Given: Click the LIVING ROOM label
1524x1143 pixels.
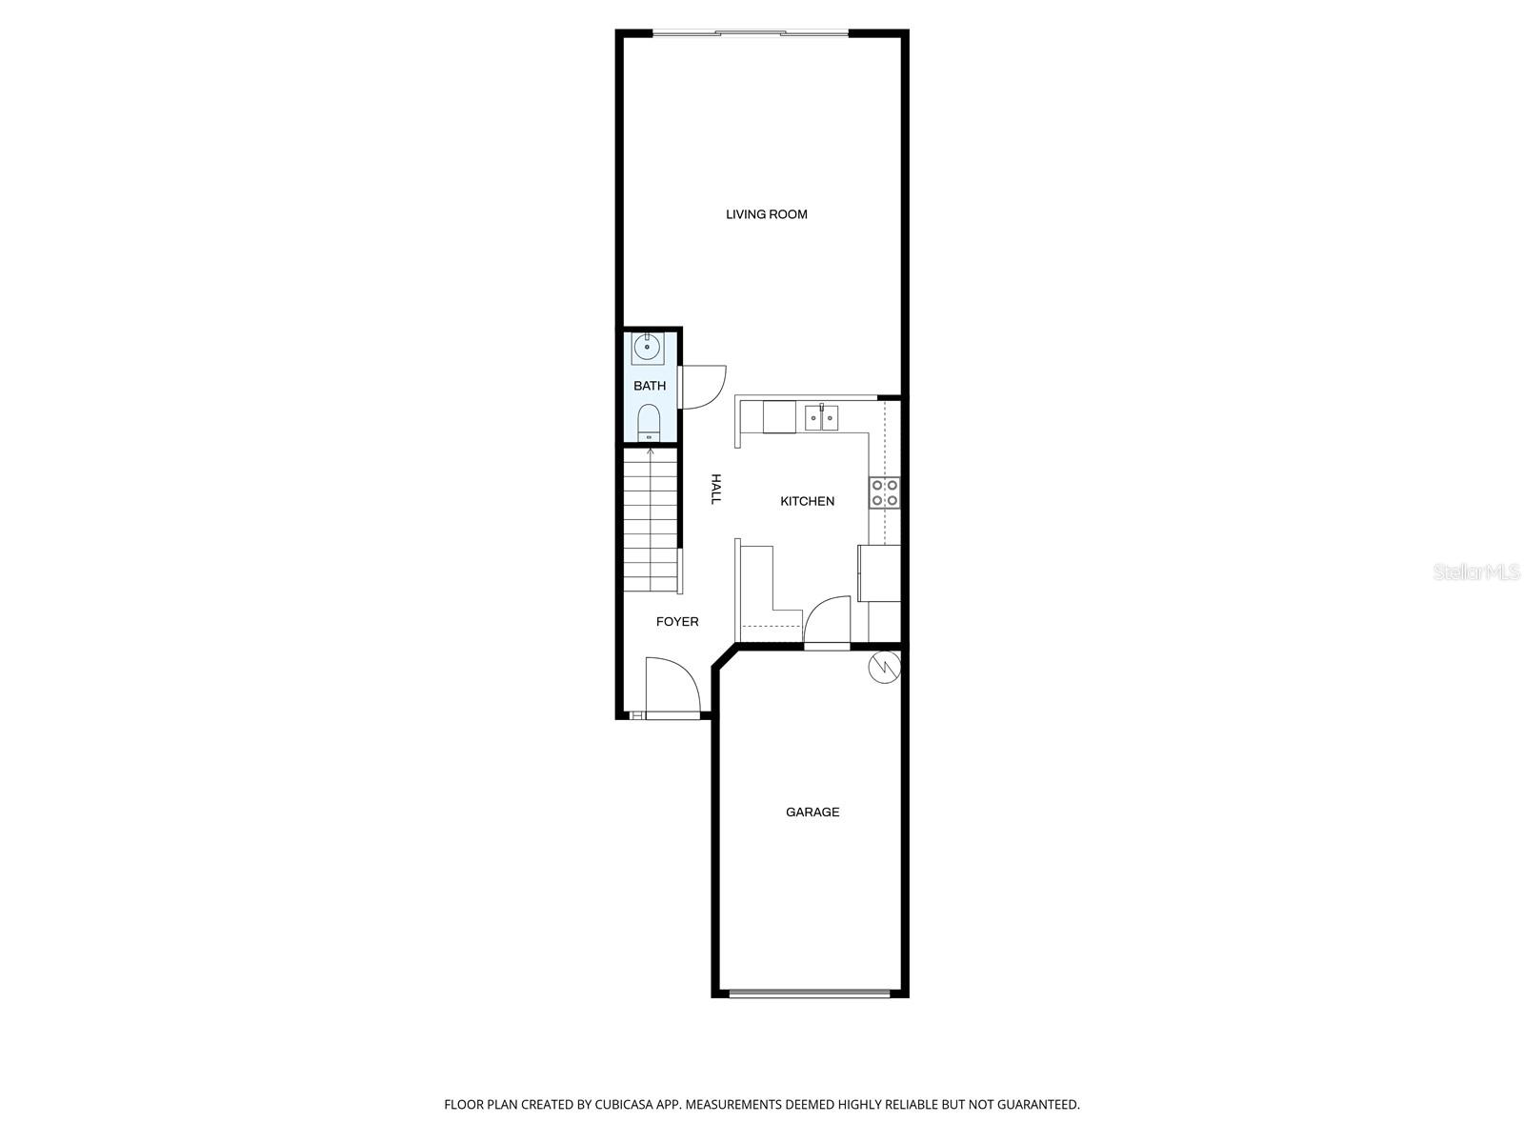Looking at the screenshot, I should point(766,214).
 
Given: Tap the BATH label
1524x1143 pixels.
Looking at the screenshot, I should point(650,386).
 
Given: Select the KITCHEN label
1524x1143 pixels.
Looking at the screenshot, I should point(807,501).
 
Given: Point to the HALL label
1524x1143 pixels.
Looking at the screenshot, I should point(716,489).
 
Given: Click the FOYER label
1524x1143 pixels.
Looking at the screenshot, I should point(677,622).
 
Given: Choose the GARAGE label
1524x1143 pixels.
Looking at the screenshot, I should point(812,812).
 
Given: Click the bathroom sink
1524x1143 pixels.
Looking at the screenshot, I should point(648,348).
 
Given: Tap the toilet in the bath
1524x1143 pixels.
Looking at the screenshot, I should point(649,421).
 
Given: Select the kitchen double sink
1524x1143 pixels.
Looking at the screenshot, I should point(821,417).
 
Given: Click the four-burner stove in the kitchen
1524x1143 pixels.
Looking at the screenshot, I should point(884,492).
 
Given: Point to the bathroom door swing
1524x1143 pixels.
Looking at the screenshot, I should point(703,386).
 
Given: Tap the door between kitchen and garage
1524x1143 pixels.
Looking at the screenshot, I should point(827,624).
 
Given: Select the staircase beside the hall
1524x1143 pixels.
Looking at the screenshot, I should point(651,521).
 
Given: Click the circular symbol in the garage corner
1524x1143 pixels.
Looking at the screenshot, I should point(883,667).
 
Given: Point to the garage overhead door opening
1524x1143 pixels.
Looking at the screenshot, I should point(810,993).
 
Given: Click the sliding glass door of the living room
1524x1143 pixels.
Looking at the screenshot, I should point(751,34).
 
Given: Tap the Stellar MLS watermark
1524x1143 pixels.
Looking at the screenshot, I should point(1476,572).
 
